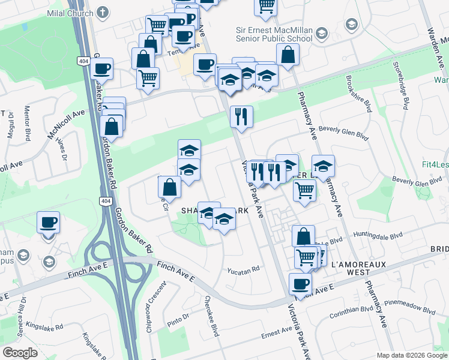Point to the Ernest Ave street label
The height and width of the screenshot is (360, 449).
point(277,333)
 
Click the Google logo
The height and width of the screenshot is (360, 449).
point(20,352)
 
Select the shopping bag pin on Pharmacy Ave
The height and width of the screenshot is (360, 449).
point(289,55)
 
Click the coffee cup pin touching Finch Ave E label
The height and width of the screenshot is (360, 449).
point(300,283)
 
